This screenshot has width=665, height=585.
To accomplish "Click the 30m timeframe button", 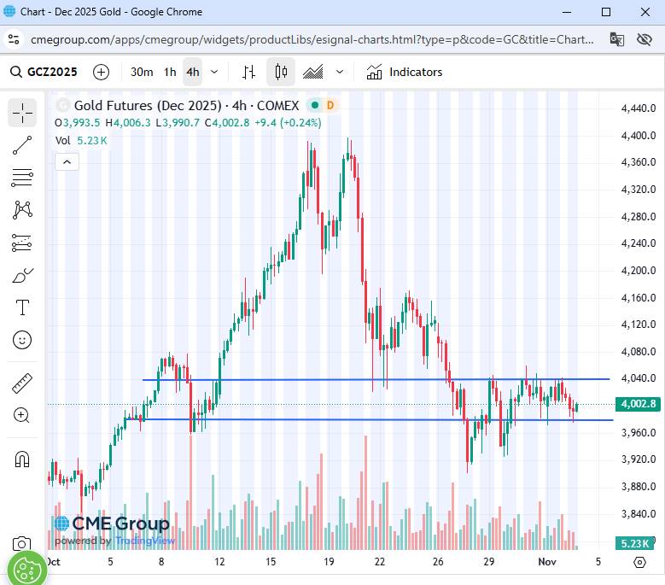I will (142, 73).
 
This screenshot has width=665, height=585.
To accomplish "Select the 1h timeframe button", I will (170, 73).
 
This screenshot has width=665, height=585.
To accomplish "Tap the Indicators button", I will (405, 73).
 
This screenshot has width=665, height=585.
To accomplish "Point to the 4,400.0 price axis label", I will (639, 135).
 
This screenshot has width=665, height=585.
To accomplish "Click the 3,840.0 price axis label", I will (639, 513).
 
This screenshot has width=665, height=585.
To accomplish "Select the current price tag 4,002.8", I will (639, 404).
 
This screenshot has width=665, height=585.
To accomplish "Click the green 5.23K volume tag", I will (635, 543).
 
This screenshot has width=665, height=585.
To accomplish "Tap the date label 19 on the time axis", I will (330, 562).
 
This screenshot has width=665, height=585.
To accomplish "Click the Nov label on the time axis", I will (546, 562).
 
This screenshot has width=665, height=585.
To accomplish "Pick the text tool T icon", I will (22, 307).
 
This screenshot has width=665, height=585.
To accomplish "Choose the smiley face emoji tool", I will (22, 340).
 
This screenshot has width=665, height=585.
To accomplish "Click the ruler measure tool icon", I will (22, 383).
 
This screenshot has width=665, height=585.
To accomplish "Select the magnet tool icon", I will (22, 459).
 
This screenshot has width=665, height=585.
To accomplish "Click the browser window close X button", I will (645, 12).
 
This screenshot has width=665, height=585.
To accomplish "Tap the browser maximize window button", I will (606, 12).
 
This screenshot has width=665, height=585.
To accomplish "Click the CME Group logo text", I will (120, 524).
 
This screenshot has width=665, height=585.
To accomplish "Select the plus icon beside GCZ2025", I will (101, 73).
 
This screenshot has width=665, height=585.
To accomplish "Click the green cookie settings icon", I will (26, 568).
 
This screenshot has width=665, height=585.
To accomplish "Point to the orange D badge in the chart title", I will (330, 106).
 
